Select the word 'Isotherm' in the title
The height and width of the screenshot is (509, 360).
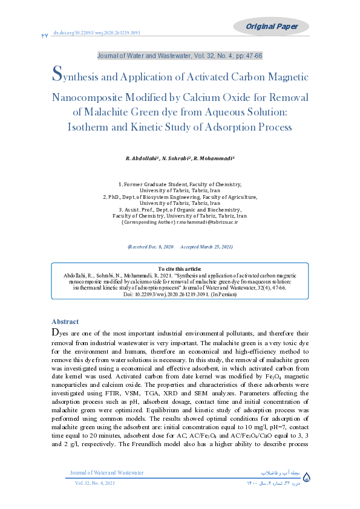pos(91,127)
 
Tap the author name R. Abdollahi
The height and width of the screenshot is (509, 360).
pos(142,158)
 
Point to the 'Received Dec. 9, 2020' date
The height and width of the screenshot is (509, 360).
pos(151,247)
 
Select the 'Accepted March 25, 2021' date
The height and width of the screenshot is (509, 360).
pos(207,247)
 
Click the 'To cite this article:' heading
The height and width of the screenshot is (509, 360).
pos(180,268)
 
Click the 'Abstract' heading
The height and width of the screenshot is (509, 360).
pos(65,322)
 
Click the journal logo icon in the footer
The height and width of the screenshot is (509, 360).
pos(306,478)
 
